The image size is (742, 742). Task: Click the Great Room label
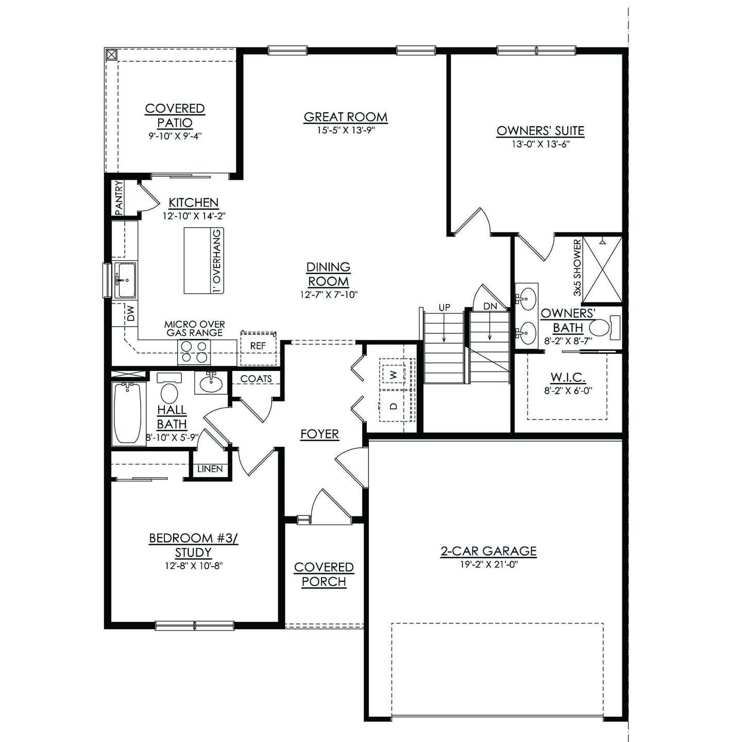pos(345,117)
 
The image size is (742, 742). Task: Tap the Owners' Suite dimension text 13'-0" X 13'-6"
pos(540,144)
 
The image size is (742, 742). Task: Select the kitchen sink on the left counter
pos(125,280)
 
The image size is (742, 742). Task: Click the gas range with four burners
pos(194,352)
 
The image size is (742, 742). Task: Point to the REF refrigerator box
pos(258,346)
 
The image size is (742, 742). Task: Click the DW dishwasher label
pos(130,313)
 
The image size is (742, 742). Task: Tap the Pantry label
pos(119,197)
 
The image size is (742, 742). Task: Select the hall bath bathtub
pos(127,412)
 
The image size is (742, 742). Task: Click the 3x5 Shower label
pos(577,268)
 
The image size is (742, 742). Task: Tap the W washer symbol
pos(394,375)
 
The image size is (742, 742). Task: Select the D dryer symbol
pos(394,406)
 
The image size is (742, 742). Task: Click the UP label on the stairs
pos(444,308)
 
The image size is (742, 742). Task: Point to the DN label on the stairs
pos(490,307)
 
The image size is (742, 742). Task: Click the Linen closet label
pos(210,469)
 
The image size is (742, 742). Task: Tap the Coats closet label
pos(256,379)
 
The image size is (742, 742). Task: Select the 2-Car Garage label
pos(488,551)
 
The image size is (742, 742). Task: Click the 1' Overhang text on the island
pos(217,261)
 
